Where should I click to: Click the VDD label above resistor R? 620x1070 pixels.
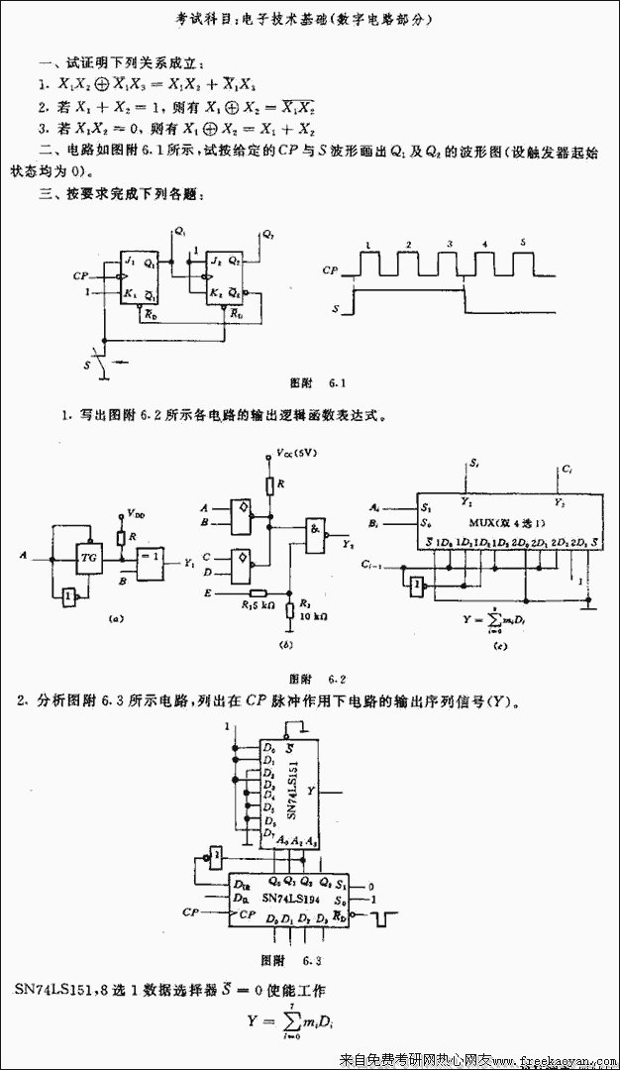point(137,515)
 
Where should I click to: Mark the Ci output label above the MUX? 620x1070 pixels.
point(565,466)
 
